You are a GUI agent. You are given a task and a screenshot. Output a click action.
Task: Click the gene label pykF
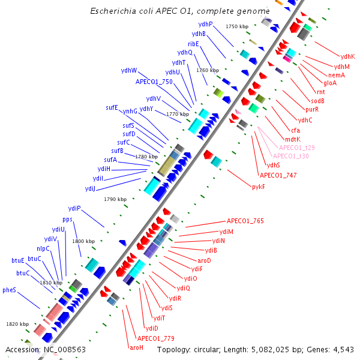[259, 187]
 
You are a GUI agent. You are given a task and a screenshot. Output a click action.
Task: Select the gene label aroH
[136, 347]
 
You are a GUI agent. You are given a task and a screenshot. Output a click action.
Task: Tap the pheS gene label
[9, 290]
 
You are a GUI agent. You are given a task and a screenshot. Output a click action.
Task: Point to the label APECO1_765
[245, 221]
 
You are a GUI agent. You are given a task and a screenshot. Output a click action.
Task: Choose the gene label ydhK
[347, 57]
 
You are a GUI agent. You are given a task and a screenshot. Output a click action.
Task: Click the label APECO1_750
[154, 82]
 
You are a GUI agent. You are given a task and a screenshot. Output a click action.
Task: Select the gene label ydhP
[206, 24]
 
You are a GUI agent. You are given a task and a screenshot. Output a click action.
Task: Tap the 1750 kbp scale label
[236, 27]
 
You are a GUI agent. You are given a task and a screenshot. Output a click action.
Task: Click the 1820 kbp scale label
[17, 324]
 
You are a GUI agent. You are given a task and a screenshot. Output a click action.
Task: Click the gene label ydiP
[74, 208]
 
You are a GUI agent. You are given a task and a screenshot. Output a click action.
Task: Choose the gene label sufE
[112, 108]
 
